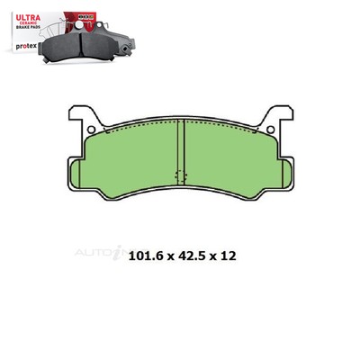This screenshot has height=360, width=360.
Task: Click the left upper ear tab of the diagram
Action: pos(80,115)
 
